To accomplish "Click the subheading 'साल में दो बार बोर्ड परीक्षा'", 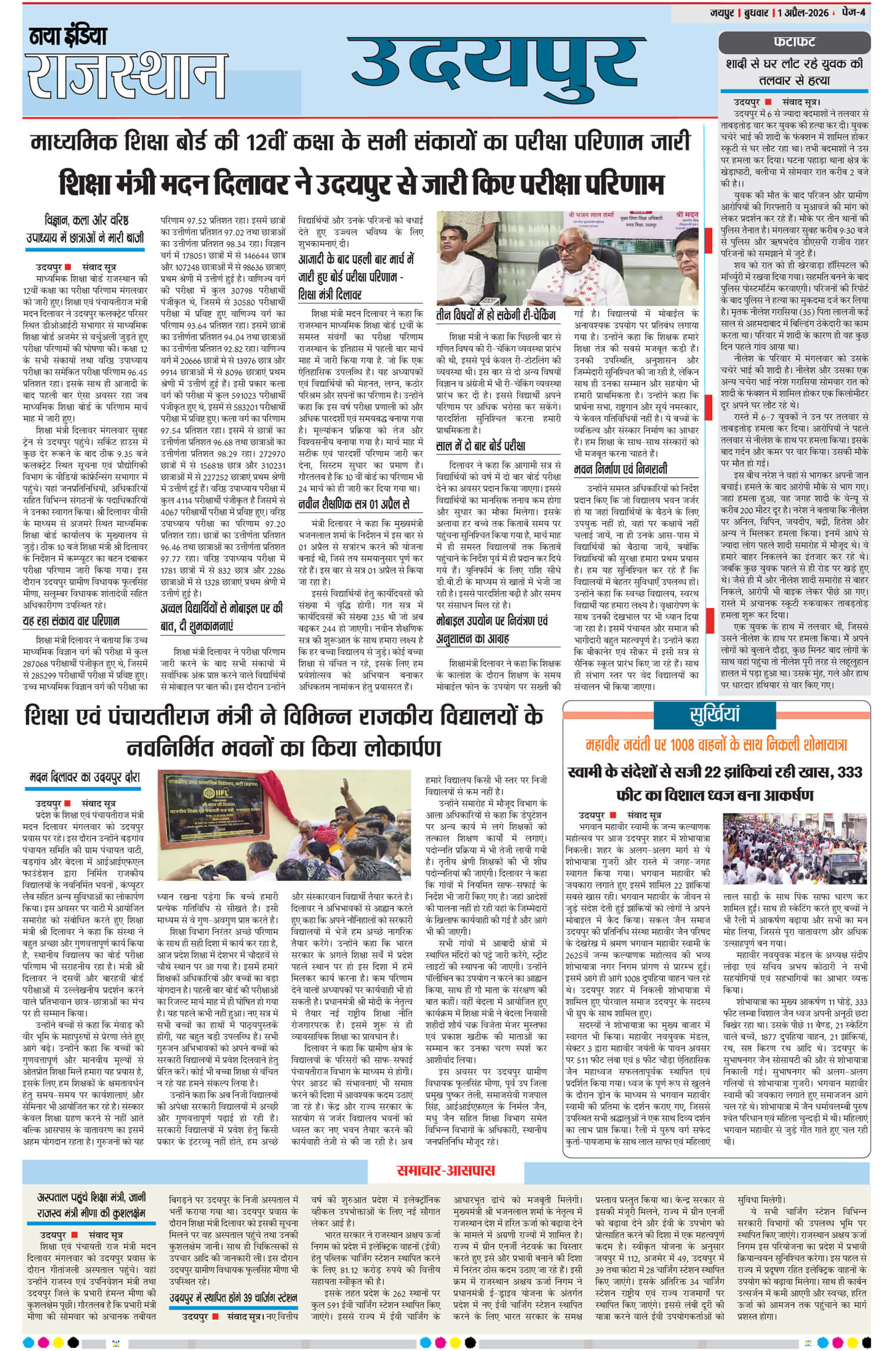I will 481,445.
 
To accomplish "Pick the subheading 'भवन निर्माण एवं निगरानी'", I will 621,469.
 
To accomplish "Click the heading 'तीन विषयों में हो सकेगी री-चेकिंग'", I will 496,316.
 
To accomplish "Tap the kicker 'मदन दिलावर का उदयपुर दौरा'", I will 85,778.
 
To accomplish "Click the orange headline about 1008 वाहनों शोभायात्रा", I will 715,745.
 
